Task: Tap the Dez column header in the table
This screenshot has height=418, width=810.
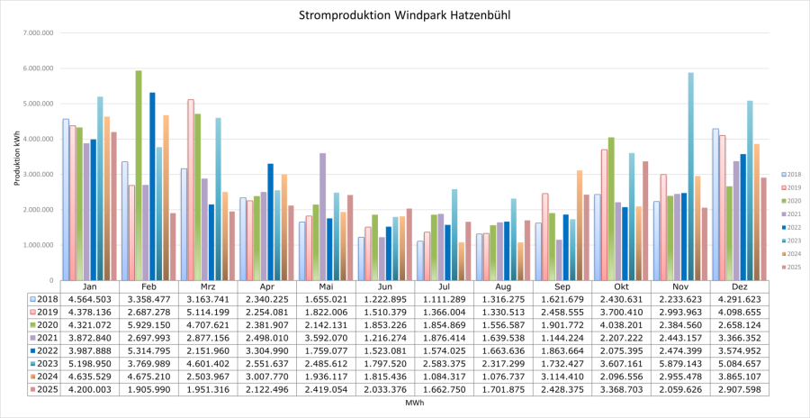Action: point(740,286)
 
